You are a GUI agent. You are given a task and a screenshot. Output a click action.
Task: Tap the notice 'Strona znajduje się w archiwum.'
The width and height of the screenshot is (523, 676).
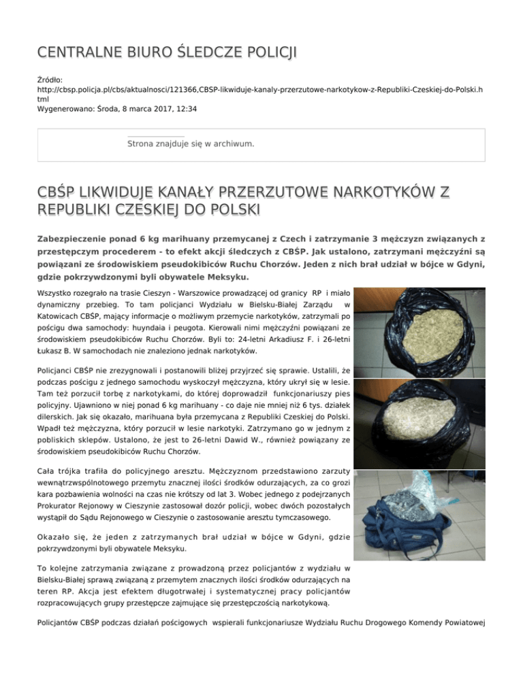[x=191, y=144]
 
